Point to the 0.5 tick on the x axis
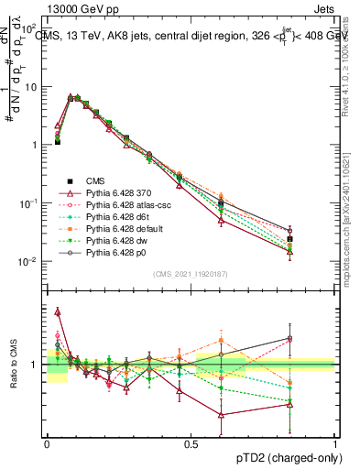click(x=191, y=442)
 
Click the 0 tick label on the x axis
click(x=47, y=442)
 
